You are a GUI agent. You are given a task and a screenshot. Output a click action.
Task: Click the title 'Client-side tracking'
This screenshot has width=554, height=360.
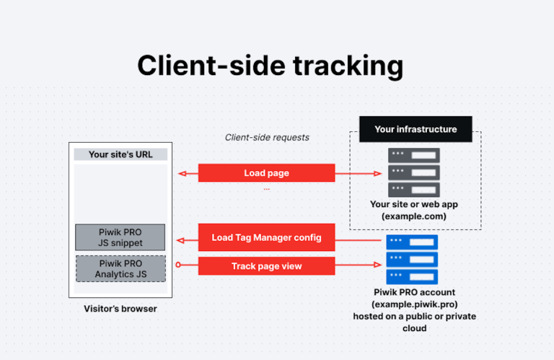pos(270,65)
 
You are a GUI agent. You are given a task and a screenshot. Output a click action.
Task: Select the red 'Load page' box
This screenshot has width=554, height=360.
pos(266,173)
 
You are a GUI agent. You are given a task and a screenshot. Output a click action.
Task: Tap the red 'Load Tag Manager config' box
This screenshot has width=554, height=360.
pos(266,237)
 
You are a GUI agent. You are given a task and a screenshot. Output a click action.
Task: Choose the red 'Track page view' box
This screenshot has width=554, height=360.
pos(266,266)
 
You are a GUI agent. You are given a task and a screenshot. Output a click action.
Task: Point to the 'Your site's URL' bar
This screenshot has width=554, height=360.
pos(120,154)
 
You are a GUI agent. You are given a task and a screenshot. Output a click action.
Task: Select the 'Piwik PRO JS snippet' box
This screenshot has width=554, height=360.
pos(120,237)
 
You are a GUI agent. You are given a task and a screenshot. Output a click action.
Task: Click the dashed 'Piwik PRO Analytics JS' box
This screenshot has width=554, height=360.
pos(120,268)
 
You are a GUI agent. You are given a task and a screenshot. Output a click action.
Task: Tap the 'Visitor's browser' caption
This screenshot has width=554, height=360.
pos(120,309)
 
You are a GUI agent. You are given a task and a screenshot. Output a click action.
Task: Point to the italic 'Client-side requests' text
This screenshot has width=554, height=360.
pos(267,137)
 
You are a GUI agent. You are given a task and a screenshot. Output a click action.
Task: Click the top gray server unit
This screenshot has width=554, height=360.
pos(414,155)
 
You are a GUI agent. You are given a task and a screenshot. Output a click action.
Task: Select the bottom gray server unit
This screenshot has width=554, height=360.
pos(414,190)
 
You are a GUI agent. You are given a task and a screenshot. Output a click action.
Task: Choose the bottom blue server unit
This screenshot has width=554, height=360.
pos(414,277)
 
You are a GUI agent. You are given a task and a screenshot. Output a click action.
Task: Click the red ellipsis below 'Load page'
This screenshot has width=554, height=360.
pos(266,189)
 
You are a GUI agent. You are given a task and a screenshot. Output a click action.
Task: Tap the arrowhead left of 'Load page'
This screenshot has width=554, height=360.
pos(183,173)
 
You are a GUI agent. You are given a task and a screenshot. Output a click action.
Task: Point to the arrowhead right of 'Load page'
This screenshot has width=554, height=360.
pos(377,173)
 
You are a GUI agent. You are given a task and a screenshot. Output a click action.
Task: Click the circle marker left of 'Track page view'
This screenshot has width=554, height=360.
pos(180,266)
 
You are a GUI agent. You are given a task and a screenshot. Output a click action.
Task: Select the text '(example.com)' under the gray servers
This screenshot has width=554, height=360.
pos(414,216)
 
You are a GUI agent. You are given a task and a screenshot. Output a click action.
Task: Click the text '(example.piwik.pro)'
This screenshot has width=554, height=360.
pos(414,305)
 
